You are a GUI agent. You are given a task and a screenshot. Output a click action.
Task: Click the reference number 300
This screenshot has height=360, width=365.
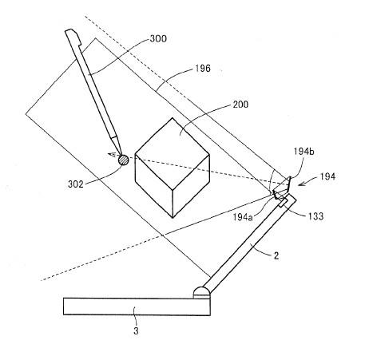[x=158, y=39]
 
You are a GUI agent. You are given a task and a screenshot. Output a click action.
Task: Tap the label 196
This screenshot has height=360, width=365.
[x=203, y=69]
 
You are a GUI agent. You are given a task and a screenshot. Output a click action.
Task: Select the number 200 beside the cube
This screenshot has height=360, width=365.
[x=240, y=105]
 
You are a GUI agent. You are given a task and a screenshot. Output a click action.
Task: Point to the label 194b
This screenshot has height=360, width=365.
[x=304, y=152]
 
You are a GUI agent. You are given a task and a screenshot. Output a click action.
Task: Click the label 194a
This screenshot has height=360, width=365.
[x=243, y=217]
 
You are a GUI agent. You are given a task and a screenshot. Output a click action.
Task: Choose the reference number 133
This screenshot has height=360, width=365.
[x=315, y=216]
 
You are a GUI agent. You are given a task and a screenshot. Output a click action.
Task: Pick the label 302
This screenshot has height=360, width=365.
[x=76, y=184]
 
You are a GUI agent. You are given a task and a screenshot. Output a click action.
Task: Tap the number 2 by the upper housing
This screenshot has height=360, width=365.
[x=276, y=256]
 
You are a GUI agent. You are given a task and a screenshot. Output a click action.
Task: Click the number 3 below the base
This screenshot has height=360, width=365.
[x=136, y=331]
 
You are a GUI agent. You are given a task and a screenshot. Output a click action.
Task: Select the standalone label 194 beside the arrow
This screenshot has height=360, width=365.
[x=327, y=176]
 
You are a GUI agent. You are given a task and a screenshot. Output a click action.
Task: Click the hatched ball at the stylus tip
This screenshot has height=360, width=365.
[x=123, y=160]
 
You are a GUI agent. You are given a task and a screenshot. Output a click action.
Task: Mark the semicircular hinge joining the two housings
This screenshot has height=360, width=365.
[x=202, y=292]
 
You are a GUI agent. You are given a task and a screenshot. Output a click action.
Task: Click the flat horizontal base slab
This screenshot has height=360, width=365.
[x=137, y=307]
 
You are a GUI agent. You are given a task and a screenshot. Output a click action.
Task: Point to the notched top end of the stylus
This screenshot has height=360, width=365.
[x=73, y=37]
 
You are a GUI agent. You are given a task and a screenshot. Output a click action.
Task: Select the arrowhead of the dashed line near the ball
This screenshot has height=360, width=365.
[x=111, y=155]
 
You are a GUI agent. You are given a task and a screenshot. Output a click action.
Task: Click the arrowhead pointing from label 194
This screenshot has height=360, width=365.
[x=301, y=184]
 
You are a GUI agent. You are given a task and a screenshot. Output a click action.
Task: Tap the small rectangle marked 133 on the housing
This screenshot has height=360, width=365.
[x=284, y=203]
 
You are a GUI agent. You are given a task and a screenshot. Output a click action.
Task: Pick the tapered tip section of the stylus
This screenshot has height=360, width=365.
[x=117, y=145]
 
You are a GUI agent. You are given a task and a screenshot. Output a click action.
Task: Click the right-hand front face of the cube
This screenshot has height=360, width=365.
[x=191, y=186]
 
